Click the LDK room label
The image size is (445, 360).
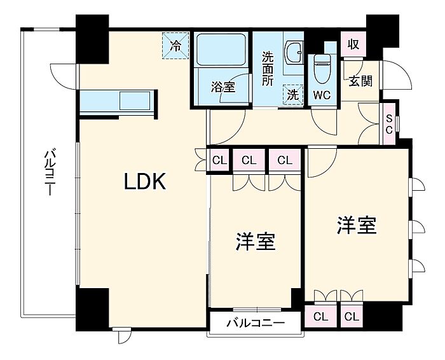point(144,183)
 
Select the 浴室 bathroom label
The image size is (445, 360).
point(223,88)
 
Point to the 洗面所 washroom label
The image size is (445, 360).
point(268,67)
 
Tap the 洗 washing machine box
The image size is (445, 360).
point(292,93)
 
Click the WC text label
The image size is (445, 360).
point(322,97)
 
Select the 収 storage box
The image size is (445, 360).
point(353,46)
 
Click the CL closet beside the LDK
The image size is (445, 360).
point(219,160)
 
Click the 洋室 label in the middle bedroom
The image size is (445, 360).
point(256,242)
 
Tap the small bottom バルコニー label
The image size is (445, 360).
point(254,322)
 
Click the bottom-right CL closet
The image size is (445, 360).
point(351,316)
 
